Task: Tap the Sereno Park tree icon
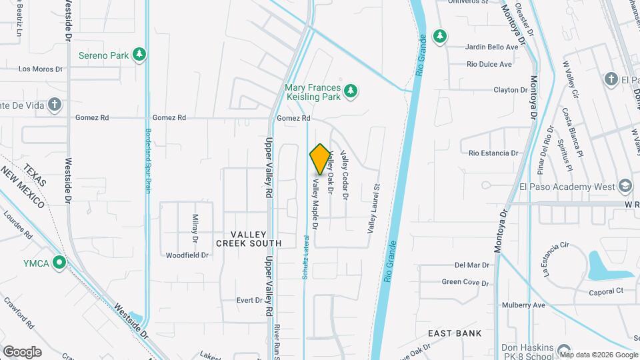(139, 55)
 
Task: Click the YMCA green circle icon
(60, 263)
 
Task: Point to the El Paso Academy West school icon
(625, 186)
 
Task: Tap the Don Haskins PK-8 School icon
(564, 349)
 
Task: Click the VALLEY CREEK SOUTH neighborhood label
(249, 239)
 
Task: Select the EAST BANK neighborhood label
(455, 333)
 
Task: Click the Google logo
(22, 351)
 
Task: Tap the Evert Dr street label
(249, 300)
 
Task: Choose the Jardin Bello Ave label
(493, 47)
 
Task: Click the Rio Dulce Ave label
(489, 64)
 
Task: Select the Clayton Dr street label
(511, 90)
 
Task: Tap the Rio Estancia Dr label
(493, 153)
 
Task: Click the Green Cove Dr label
(465, 282)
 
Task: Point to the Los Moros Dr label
(40, 69)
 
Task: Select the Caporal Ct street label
(605, 291)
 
